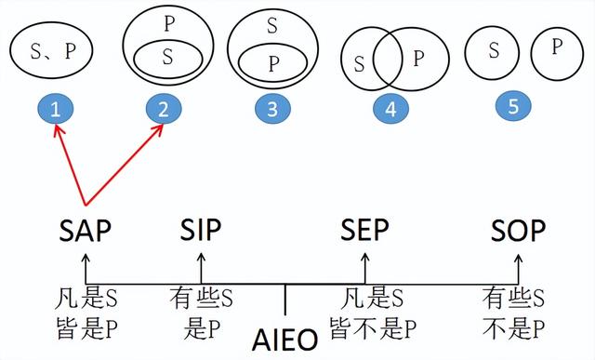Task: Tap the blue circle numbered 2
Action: [x=164, y=109]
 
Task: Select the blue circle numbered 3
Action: [x=271, y=109]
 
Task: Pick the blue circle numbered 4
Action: [x=390, y=109]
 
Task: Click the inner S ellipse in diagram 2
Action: [x=167, y=57]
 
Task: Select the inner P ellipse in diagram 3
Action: [x=273, y=61]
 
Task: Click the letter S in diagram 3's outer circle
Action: [x=272, y=25]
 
